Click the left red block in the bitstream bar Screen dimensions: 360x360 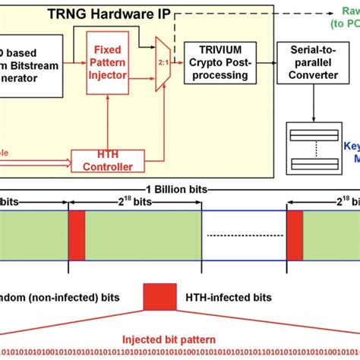[x=77, y=235]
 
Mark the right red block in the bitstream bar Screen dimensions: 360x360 [x=295, y=235]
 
